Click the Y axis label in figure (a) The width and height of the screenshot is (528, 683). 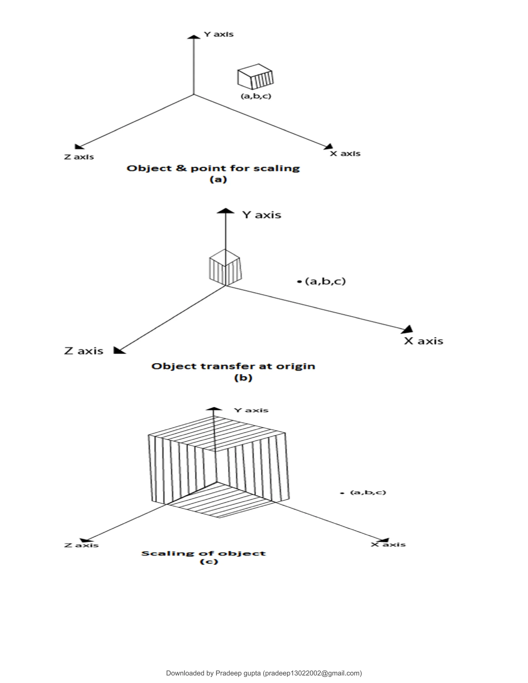[x=219, y=34]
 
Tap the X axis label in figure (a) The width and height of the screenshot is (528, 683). [x=345, y=154]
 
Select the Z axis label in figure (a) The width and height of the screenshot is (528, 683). [x=79, y=157]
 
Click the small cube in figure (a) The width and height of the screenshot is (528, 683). [x=255, y=77]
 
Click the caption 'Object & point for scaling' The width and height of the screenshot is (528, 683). [x=213, y=168]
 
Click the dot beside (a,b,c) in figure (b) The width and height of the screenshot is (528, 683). [x=299, y=282]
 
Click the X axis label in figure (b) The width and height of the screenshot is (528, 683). [x=424, y=341]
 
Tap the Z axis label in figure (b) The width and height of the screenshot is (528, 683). [x=84, y=351]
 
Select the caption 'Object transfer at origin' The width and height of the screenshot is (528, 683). [x=233, y=366]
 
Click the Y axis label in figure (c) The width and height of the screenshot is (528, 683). [x=251, y=410]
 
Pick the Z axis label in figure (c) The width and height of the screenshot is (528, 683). [x=81, y=545]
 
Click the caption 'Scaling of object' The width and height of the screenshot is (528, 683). [x=203, y=554]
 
